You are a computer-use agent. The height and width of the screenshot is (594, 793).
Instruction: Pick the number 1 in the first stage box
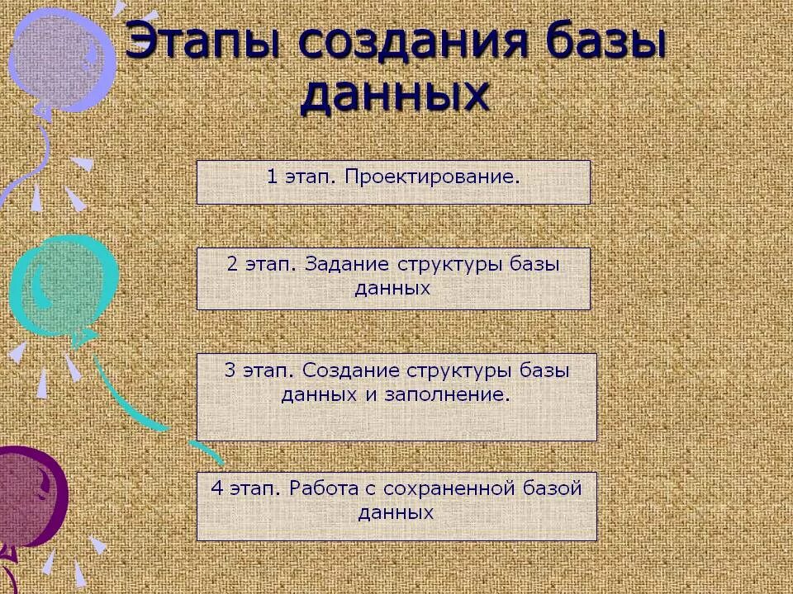[272, 177]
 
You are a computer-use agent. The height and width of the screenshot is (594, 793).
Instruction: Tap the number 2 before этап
[232, 265]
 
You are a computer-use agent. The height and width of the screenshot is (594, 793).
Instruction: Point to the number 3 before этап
[230, 370]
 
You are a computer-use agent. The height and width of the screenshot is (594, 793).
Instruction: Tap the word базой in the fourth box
[555, 488]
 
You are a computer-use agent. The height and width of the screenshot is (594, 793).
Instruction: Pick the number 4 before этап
[217, 488]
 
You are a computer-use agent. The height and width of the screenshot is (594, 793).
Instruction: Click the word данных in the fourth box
[396, 512]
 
